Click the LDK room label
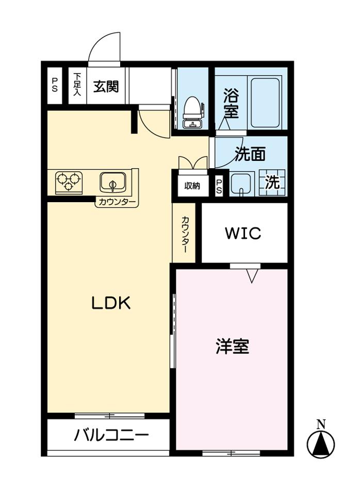[111, 303]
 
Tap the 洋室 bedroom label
[232, 347]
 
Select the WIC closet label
[243, 234]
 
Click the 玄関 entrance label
[106, 86]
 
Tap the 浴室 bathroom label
[231, 103]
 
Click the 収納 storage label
[192, 186]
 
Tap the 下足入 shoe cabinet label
[77, 85]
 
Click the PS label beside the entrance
[54, 85]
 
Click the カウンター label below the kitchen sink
[117, 202]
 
